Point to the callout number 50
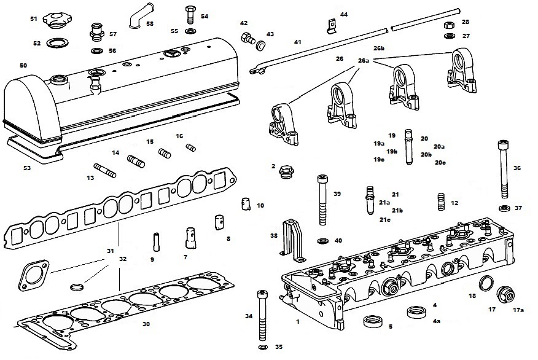pyautogui.click(x=23, y=65)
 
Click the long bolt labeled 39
pyautogui.click(x=322, y=201)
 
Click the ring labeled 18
pyautogui.click(x=486, y=284)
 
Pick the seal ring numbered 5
pyautogui.click(x=372, y=321)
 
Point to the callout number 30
pyautogui.click(x=146, y=324)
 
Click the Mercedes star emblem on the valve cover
pyautogui.click(x=174, y=53)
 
